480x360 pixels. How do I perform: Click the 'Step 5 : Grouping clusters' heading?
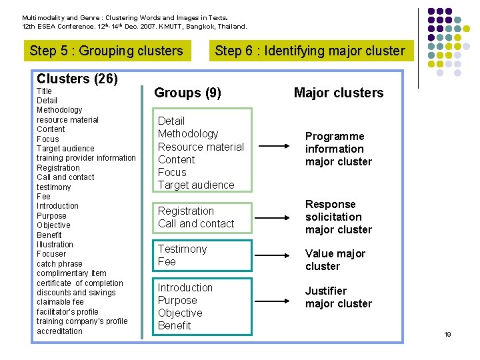coord(107,51)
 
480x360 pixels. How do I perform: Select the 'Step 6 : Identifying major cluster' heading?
coord(310,51)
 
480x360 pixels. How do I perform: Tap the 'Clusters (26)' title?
coord(77,79)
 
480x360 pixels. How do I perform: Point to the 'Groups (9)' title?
coord(188,93)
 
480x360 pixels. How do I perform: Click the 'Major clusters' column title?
coord(339,93)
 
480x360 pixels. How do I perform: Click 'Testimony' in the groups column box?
coord(183,249)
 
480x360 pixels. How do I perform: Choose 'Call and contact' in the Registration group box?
coord(196,224)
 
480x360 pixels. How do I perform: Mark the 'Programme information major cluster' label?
coord(339,149)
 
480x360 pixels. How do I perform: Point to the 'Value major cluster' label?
coord(335,260)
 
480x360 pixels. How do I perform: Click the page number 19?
coord(448,335)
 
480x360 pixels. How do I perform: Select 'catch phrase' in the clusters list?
coord(60,264)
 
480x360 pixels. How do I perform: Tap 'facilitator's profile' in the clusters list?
coord(67,312)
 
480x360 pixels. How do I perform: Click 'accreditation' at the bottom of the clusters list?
coord(60,331)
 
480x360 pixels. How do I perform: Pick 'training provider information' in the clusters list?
coord(86,158)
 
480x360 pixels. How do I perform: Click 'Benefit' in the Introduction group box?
coord(174,326)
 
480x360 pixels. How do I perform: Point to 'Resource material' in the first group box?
coord(201,147)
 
